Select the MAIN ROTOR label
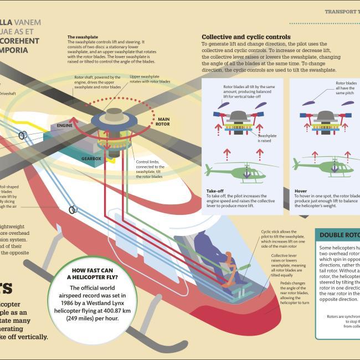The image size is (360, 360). coord(163,121)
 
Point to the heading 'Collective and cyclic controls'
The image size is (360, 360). coord(245,37)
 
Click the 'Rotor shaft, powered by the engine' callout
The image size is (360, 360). coord(93,82)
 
